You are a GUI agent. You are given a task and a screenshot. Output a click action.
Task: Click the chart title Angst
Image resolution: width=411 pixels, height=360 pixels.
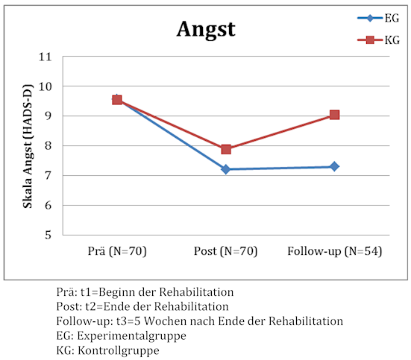click(206, 30)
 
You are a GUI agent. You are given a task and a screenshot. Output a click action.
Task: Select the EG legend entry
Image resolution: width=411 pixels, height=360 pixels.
click(378, 18)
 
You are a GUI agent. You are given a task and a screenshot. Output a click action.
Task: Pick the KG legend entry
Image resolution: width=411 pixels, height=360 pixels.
click(378, 40)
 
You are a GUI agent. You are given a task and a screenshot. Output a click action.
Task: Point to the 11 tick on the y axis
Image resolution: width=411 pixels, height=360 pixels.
click(45, 57)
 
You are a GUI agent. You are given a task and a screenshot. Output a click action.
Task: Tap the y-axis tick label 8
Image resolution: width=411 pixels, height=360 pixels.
click(48, 145)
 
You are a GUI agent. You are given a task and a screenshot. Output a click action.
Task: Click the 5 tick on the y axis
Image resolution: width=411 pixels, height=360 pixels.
click(48, 235)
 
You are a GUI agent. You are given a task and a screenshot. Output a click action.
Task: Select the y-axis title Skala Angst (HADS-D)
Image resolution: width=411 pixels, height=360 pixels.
click(28, 146)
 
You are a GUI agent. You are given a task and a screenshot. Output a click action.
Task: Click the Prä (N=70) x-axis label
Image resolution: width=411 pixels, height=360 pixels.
click(117, 251)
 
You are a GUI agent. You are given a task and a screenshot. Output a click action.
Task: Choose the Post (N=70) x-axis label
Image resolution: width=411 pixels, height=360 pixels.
click(225, 251)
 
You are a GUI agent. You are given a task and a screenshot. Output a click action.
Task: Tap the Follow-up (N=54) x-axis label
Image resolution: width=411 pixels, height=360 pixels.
click(334, 251)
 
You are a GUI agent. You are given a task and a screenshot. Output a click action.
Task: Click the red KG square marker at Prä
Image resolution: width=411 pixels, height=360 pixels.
click(117, 100)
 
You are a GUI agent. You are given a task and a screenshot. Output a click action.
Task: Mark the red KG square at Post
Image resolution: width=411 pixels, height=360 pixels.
click(226, 149)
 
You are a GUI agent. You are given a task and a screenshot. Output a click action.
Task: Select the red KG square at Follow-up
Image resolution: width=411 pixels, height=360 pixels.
click(334, 115)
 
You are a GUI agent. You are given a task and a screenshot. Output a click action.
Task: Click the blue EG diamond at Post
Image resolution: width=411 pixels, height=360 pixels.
click(226, 169)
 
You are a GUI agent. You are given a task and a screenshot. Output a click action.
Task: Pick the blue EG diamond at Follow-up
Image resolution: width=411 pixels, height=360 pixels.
click(334, 166)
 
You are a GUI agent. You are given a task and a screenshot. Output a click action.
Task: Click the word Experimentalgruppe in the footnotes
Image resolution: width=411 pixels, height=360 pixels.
click(131, 336)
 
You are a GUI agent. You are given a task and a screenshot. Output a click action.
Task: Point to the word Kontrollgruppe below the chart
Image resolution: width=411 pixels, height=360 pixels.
click(119, 350)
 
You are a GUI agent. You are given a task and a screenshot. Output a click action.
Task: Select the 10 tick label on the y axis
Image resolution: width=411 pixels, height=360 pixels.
click(45, 86)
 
